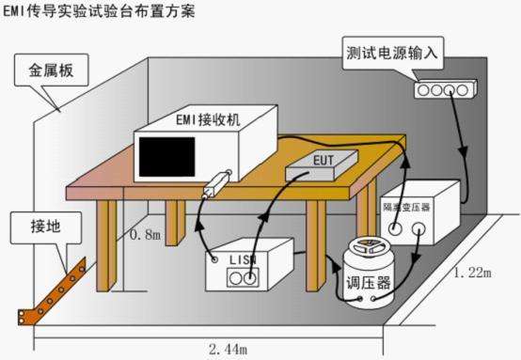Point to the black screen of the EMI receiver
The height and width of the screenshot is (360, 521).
coord(167,154)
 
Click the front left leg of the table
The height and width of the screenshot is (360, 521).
coord(112,249)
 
